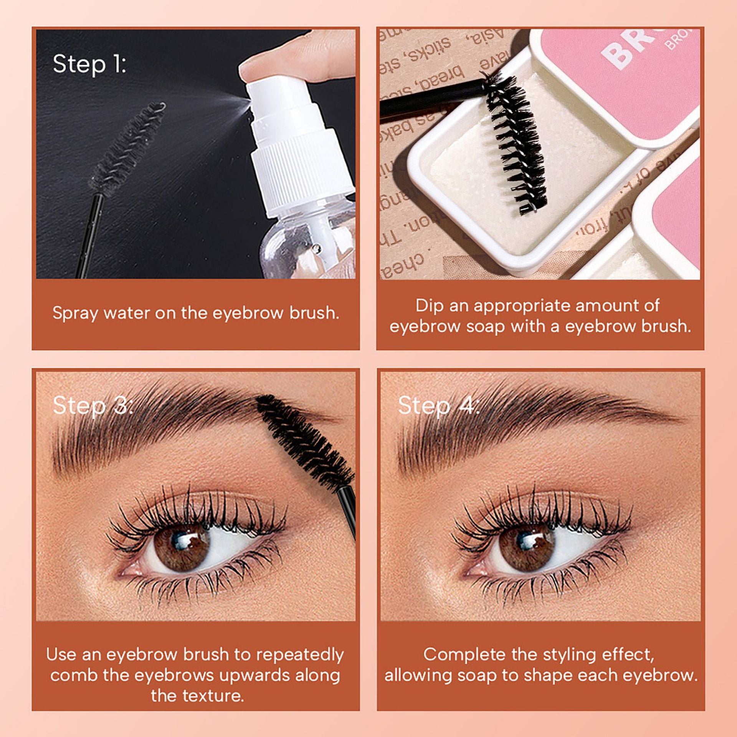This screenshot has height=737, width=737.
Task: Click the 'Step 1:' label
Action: (x=89, y=64)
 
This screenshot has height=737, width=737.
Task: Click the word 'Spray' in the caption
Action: (x=75, y=314)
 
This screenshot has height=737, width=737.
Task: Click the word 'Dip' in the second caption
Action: (x=430, y=306)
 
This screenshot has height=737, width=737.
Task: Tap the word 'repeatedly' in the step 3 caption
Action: (x=300, y=655)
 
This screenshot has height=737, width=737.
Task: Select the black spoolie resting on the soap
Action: (x=516, y=142)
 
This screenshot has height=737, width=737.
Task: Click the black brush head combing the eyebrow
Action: (x=303, y=441)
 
